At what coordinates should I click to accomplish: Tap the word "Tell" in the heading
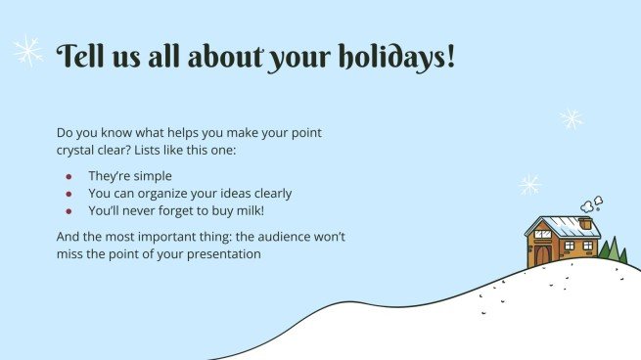point(80,56)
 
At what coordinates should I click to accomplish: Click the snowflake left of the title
point(27,51)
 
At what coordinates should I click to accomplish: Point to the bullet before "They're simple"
point(69,176)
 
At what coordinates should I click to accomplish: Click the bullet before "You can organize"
point(69,193)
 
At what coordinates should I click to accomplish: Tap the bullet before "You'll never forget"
point(69,209)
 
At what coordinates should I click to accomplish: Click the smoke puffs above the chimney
point(591,204)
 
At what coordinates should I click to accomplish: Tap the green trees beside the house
point(611,250)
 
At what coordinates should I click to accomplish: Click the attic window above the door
point(543,234)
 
